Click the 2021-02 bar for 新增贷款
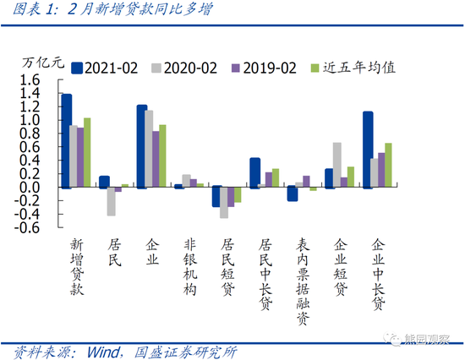[67, 140]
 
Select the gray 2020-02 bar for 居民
[111, 201]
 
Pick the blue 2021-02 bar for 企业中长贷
[368, 150]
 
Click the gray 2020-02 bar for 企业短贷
[337, 165]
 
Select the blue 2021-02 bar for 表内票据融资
[293, 194]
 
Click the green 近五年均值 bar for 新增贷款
[86, 152]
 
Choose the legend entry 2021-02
[107, 67]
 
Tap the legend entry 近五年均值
[348, 67]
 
